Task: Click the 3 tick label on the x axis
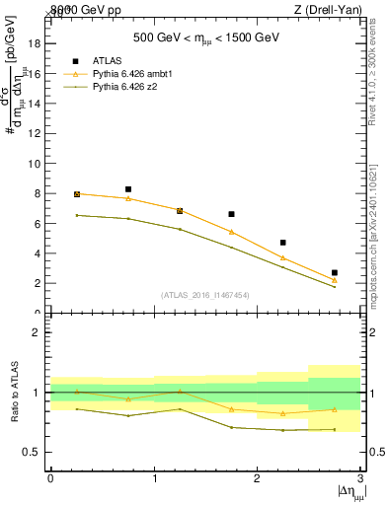point(361,478)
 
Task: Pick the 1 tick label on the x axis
point(154,478)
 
